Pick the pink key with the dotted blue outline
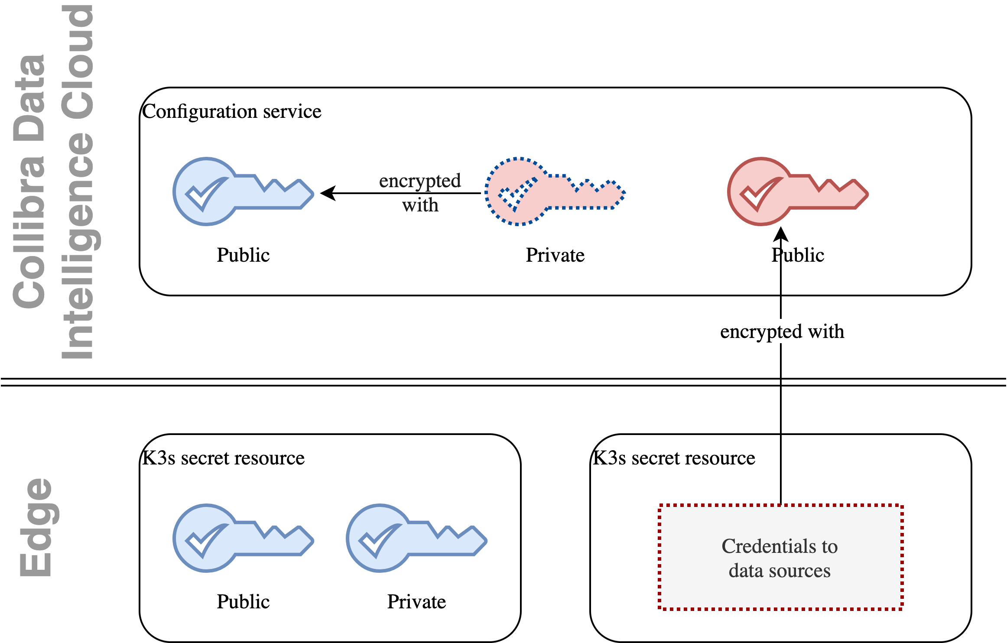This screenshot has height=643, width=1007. coord(555,192)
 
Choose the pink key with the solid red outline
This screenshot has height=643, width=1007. coord(797,192)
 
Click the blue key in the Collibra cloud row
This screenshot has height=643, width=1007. coord(243,192)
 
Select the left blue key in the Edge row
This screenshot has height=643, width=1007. coord(243,538)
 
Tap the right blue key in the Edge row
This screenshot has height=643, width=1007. coord(416,538)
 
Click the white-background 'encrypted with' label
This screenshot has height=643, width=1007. coord(782,331)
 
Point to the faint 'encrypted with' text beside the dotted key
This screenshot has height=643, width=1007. coord(420,192)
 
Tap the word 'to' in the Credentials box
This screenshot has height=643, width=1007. coord(829,546)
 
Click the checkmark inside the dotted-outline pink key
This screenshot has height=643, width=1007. coord(516,194)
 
